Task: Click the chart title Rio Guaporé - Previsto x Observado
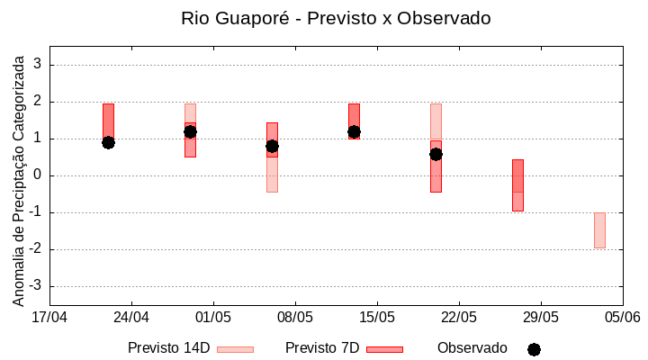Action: (x=336, y=18)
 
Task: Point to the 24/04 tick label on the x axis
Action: (x=131, y=317)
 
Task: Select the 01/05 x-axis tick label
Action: (x=213, y=317)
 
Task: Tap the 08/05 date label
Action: (x=295, y=317)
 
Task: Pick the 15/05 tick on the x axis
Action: (x=377, y=317)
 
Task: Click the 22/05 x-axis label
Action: (x=459, y=317)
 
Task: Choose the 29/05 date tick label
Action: (x=541, y=317)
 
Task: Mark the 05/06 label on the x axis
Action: (x=623, y=317)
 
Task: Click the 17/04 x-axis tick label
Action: (x=49, y=317)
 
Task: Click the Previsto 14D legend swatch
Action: (x=235, y=349)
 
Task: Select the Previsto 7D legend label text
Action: (x=322, y=348)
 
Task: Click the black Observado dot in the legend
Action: (x=534, y=349)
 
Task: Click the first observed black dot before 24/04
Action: (x=108, y=142)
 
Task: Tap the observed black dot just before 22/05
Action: (x=436, y=154)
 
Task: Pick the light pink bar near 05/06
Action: (x=599, y=230)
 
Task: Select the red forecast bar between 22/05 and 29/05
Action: (x=517, y=185)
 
